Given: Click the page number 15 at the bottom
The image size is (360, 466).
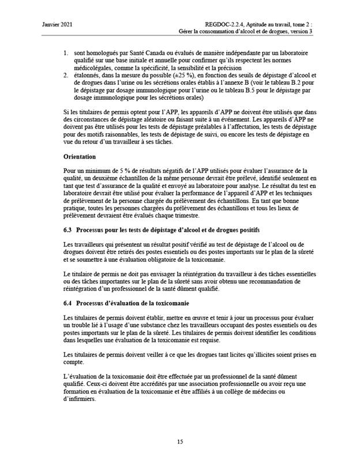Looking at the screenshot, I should (x=180, y=442).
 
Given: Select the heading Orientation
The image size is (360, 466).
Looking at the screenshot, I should (x=80, y=157).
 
